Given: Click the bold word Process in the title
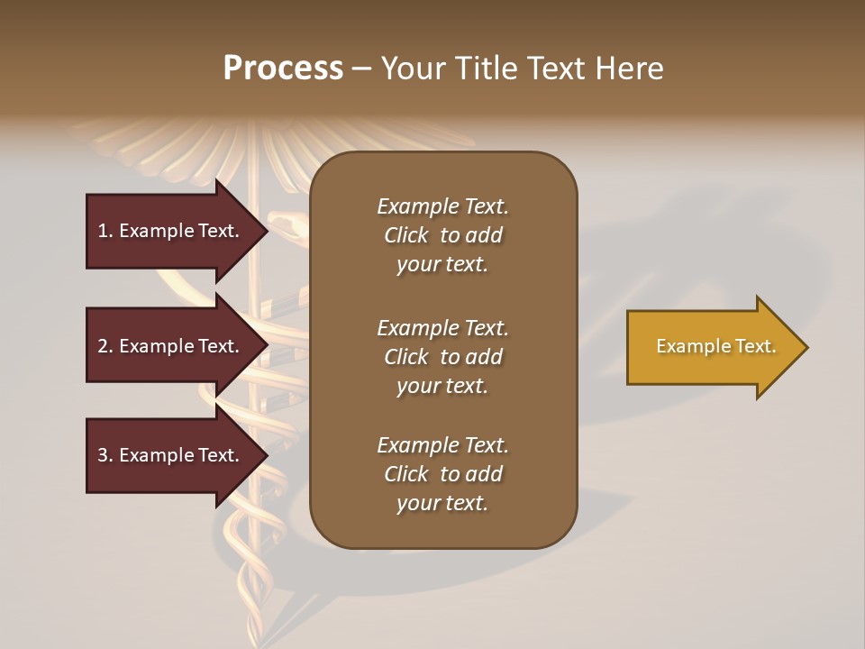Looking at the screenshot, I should click(283, 69).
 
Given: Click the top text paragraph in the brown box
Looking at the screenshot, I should click(442, 235).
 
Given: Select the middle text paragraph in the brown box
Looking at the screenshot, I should click(442, 357).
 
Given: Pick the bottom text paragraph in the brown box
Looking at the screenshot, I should click(442, 474).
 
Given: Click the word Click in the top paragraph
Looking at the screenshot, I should click(405, 235).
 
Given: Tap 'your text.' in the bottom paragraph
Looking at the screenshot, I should click(442, 503).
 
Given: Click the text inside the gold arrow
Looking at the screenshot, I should click(715, 346).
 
